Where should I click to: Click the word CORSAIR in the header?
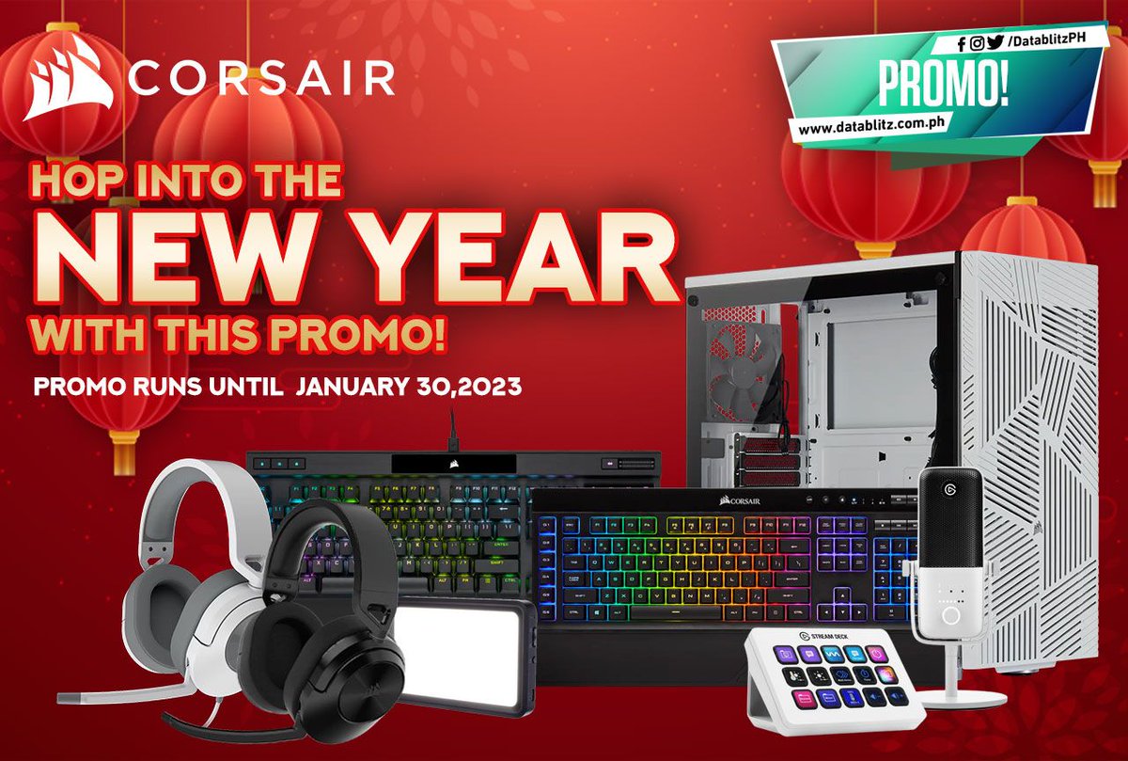[261, 79]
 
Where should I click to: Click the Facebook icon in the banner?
[962, 42]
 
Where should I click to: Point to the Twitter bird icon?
[995, 41]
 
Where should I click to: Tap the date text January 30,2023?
[407, 387]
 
